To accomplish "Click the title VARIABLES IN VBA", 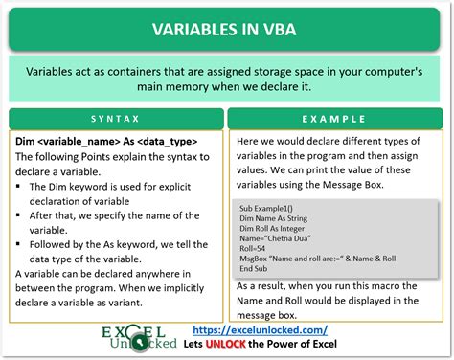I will [227, 28].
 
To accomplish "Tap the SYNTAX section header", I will [117, 120].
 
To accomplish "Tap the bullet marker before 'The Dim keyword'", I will [21, 188].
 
